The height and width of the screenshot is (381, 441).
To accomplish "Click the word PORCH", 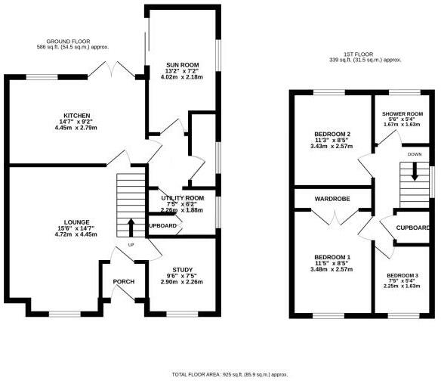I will click(x=123, y=281).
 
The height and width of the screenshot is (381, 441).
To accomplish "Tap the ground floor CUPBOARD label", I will click(x=162, y=226).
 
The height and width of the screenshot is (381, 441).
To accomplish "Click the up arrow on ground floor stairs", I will click(x=131, y=227).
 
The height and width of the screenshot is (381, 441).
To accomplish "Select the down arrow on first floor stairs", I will click(x=414, y=172).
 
